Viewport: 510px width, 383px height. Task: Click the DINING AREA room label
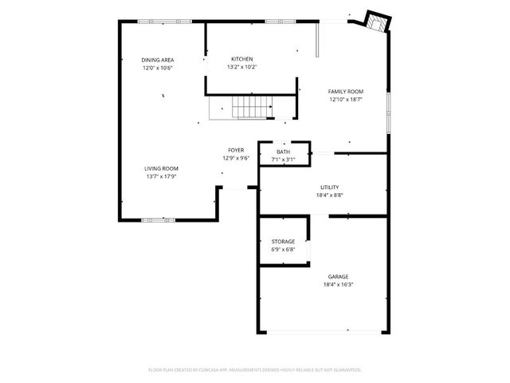click(158, 60)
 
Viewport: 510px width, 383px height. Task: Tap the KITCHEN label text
click(242, 59)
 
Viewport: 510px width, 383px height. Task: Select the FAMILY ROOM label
click(346, 92)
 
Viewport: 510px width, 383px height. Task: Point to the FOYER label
click(236, 150)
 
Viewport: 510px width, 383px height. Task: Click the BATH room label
click(284, 152)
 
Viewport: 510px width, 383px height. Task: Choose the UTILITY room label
click(329, 187)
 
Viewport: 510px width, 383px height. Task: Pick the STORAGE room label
click(283, 241)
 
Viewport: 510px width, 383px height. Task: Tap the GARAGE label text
click(338, 277)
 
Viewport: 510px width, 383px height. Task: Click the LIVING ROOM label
click(161, 168)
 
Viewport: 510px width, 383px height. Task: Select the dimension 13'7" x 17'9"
click(161, 176)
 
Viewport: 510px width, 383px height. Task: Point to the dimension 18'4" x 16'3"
click(338, 285)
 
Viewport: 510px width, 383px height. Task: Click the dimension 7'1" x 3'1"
click(284, 160)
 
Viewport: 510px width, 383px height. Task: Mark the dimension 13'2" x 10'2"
click(242, 67)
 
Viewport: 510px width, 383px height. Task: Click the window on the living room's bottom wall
click(158, 219)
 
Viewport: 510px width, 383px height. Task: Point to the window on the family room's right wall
click(389, 112)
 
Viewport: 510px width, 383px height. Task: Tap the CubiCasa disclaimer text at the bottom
click(255, 369)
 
